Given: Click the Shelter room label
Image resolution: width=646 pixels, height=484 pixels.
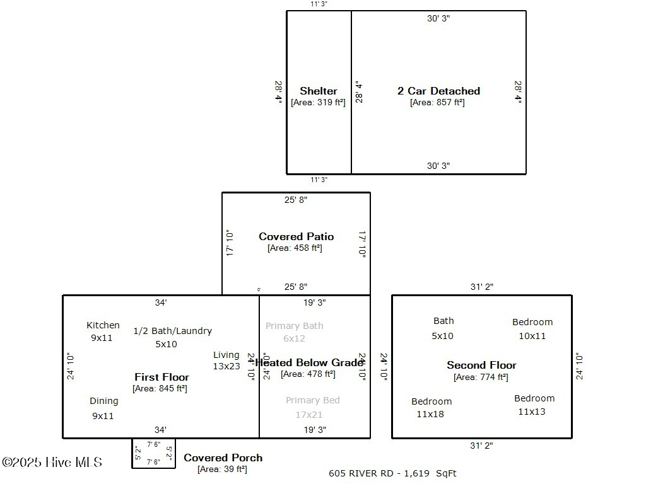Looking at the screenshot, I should click(319, 91).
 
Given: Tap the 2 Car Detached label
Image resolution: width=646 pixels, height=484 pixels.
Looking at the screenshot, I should click(438, 91).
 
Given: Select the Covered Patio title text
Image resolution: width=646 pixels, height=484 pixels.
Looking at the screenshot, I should click(296, 236).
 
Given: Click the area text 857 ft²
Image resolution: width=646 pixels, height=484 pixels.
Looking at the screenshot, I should click(437, 102).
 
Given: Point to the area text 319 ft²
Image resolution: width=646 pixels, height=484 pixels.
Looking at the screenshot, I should click(318, 102).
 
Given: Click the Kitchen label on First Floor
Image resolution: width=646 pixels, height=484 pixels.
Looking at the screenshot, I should click(103, 325).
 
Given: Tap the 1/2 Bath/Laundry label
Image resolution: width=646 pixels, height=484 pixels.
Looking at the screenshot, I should click(172, 331).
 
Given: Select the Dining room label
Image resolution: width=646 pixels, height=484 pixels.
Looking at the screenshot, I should click(103, 401).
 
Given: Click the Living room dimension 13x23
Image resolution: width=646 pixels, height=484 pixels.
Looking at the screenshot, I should click(226, 366).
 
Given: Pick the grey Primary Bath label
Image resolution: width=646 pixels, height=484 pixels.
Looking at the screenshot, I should click(294, 326).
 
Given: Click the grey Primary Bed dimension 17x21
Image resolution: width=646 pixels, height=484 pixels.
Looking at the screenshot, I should click(309, 415).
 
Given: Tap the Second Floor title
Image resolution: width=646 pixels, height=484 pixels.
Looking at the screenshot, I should click(481, 365).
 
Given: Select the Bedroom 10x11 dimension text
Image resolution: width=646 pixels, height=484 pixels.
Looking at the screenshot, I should click(532, 336).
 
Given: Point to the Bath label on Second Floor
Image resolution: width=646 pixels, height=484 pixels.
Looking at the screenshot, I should click(443, 321).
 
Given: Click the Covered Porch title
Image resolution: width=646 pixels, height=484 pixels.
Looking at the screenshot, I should click(223, 458).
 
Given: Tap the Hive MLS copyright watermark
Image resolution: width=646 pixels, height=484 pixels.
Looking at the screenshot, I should click(52, 463).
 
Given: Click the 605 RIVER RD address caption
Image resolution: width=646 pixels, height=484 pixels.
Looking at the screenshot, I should click(392, 473).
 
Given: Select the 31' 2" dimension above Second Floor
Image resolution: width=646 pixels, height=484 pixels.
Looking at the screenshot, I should click(481, 287).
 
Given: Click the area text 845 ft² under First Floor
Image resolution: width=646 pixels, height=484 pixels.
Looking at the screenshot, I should click(160, 388).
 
